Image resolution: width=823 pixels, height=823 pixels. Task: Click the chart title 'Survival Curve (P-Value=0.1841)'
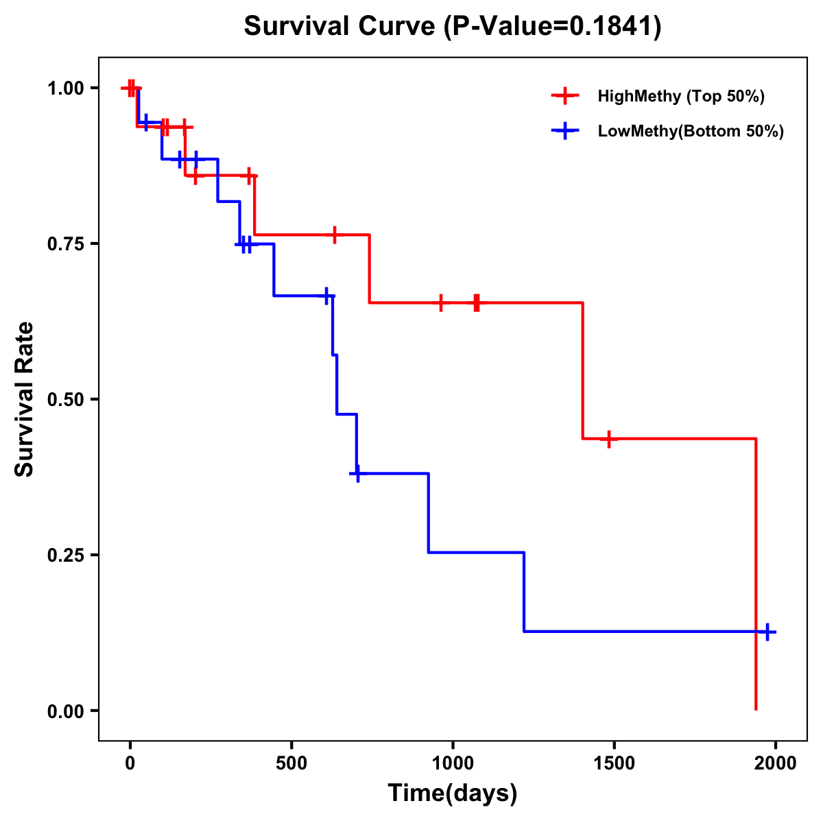pos(453,27)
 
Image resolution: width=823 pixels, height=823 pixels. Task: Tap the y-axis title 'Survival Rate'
pos(25,399)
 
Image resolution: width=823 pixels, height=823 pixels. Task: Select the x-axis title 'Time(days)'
pos(453,794)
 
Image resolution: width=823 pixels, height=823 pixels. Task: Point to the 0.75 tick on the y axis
pos(65,243)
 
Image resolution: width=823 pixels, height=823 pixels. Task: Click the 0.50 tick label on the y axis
pos(65,399)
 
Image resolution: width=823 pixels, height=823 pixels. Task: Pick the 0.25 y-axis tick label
pos(65,555)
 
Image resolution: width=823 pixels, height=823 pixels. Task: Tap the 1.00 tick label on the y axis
pos(65,88)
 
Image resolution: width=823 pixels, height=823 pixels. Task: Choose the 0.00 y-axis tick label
pos(65,711)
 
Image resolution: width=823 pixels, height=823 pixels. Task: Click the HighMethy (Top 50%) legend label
pos(681,96)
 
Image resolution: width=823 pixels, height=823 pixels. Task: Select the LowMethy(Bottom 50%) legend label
pos(691,131)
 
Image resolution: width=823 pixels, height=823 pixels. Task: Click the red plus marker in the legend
pos(565,96)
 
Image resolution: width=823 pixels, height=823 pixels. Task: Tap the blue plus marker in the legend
pos(565,131)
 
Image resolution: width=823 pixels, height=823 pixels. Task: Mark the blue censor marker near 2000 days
pos(767,632)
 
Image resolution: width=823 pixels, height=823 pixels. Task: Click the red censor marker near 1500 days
pos(608,438)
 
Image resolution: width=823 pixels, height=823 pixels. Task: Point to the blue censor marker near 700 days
pos(357,473)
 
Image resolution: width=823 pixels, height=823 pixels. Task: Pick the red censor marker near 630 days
pos(334,235)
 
